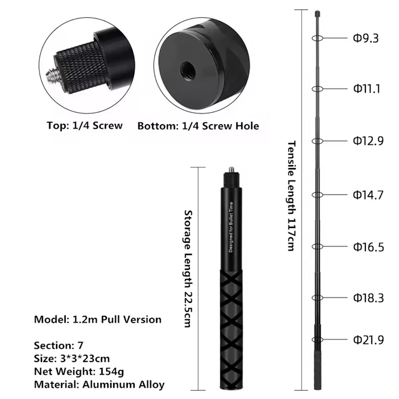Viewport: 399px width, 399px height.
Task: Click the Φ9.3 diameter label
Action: point(366,38)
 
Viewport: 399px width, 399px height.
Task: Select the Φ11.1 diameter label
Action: point(366,89)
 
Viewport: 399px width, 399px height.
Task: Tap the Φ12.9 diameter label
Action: point(368,141)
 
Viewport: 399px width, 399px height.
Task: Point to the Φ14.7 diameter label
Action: point(368,195)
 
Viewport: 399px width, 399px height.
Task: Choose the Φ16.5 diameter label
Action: point(368,247)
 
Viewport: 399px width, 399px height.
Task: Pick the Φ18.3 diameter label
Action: point(368,298)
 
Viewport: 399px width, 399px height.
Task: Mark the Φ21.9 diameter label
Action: point(368,340)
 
